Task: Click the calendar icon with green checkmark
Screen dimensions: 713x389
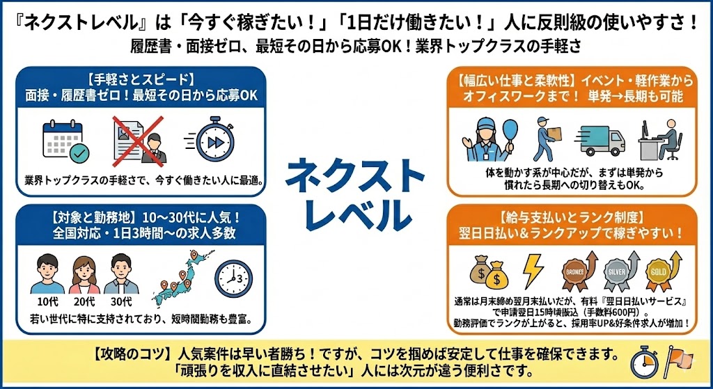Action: (x=65, y=141)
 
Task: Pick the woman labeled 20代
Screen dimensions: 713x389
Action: (x=84, y=274)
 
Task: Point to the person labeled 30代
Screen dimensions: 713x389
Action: (x=120, y=273)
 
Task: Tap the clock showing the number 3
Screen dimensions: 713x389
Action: (x=233, y=278)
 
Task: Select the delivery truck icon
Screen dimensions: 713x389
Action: (x=600, y=141)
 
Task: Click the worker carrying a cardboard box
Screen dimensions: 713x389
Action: (x=547, y=138)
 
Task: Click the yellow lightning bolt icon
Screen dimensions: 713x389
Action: (x=533, y=271)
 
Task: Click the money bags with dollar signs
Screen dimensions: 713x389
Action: (x=489, y=272)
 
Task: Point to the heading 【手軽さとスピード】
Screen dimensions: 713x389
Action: (x=141, y=79)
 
